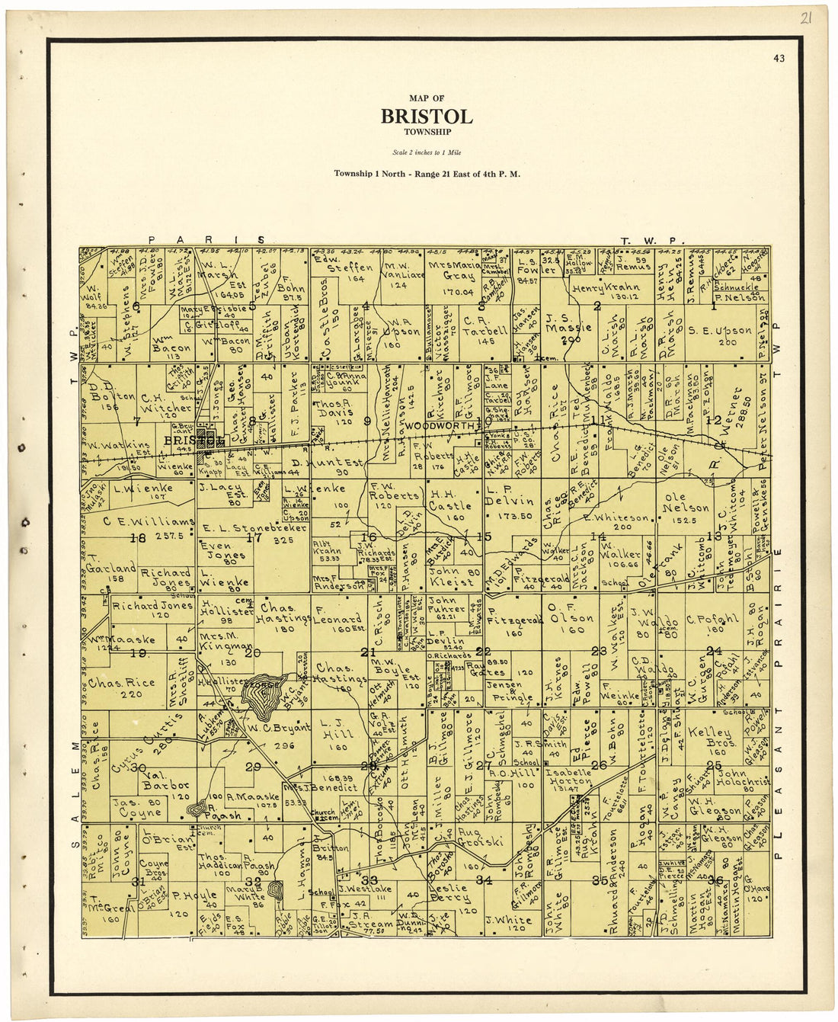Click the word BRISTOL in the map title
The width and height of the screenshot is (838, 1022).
click(x=427, y=116)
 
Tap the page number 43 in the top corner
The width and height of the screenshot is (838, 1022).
click(x=778, y=58)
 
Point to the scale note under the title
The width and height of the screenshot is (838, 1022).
click(x=427, y=153)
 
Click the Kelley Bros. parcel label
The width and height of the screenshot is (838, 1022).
click(x=709, y=736)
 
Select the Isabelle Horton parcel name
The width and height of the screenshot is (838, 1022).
click(x=568, y=776)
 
